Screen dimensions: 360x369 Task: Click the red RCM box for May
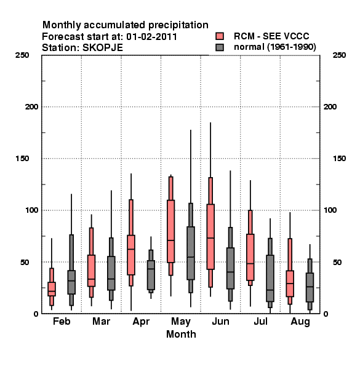pos(170,231)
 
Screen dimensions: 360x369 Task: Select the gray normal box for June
pos(230,268)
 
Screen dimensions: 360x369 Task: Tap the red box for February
pos(52,289)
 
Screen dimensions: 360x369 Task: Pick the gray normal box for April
pos(151,275)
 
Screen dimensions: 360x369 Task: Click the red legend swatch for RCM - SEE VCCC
pos(220,36)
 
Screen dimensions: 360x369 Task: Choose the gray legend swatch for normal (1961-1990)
pos(220,47)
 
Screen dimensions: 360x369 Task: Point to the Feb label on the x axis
pos(62,321)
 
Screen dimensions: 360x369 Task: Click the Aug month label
pos(300,322)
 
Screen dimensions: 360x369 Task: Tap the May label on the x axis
pos(181,322)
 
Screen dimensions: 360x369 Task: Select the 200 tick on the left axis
pos(32,107)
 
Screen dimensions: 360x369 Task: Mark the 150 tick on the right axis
pos(339,159)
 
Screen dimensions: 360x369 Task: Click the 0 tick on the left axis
pos(36,314)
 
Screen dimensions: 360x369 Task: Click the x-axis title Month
pos(181,334)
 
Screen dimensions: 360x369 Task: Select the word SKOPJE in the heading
pos(103,48)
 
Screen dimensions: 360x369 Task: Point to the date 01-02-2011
pos(151,37)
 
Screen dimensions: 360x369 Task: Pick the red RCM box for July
pos(250,257)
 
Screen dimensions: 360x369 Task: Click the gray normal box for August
pos(310,287)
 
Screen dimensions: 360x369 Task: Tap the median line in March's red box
pos(91,279)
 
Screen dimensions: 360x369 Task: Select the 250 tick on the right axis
pos(339,55)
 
